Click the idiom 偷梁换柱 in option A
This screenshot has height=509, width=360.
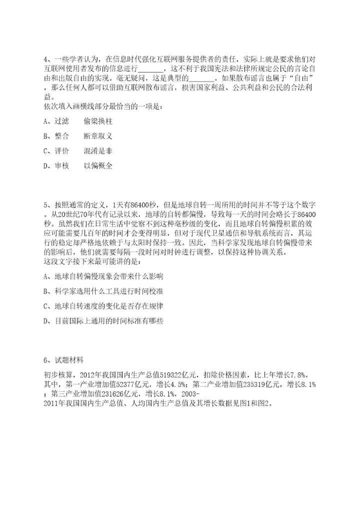(x=98, y=121)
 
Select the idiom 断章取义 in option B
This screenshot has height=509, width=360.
(x=98, y=136)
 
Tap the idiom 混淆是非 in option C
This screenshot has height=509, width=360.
(x=98, y=151)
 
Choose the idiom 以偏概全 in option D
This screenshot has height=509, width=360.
(x=98, y=166)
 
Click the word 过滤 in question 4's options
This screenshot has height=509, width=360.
(x=61, y=121)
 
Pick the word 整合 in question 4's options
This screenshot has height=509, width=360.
(x=61, y=136)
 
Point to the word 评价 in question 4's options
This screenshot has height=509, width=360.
(x=61, y=151)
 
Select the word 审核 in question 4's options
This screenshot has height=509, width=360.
(x=61, y=166)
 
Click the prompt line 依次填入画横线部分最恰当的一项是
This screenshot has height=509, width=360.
(x=103, y=106)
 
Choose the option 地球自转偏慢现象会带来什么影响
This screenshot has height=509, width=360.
(x=108, y=276)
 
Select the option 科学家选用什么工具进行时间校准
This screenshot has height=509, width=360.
(x=108, y=291)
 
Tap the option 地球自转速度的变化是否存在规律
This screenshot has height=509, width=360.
(x=108, y=306)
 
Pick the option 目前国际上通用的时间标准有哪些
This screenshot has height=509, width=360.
(x=108, y=321)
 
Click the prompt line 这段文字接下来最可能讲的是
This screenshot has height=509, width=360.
(x=93, y=261)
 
